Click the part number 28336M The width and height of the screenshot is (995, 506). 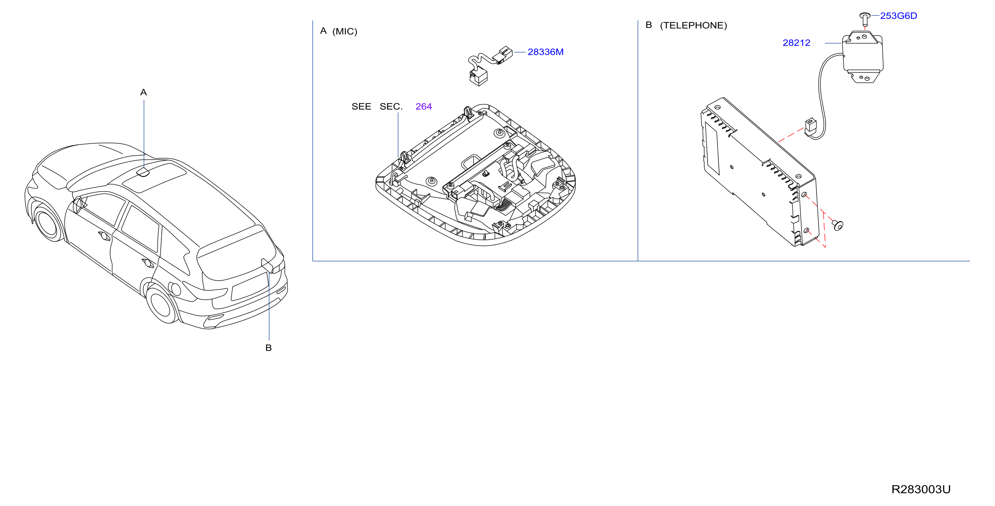click(x=545, y=52)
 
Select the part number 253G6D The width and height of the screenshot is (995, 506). click(x=898, y=16)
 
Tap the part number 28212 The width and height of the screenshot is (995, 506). click(x=796, y=43)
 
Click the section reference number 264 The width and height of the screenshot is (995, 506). click(x=424, y=106)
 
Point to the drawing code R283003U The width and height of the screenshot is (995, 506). click(x=921, y=489)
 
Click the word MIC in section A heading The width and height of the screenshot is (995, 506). click(x=345, y=31)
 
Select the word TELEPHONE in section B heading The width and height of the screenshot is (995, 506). click(x=693, y=26)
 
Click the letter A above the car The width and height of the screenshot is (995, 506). click(x=144, y=92)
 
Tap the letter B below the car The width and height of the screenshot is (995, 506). click(x=268, y=348)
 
